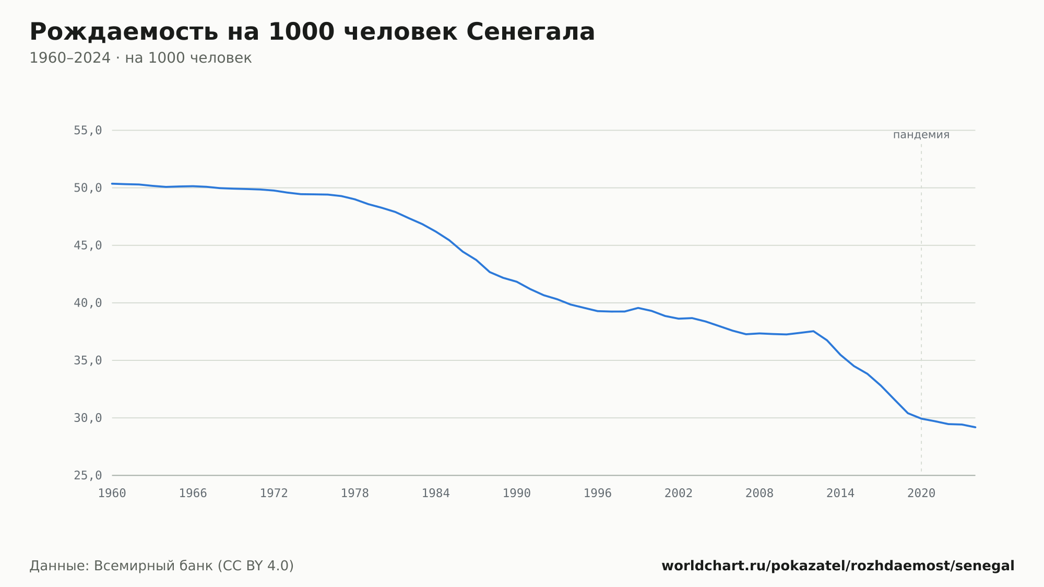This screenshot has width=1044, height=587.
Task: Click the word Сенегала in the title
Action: click(530, 32)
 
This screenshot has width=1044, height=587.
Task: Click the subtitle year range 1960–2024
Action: click(70, 58)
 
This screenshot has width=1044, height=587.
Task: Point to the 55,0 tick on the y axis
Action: click(88, 131)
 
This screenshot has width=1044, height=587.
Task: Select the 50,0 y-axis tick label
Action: click(88, 188)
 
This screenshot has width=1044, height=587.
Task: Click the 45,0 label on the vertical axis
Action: click(88, 245)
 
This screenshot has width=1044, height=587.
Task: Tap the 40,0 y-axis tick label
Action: click(88, 303)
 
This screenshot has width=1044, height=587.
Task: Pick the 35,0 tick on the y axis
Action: click(88, 360)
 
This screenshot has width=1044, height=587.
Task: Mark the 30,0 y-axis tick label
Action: click(88, 418)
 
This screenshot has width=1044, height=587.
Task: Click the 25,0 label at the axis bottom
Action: click(88, 475)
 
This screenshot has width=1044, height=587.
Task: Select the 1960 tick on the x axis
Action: click(112, 494)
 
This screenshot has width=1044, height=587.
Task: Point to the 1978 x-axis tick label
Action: click(355, 494)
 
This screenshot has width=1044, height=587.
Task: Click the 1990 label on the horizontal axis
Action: click(517, 494)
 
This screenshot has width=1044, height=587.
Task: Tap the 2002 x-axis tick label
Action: click(679, 494)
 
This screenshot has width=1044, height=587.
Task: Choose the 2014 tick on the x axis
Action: click(840, 494)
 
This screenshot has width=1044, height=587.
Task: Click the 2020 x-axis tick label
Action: click(921, 494)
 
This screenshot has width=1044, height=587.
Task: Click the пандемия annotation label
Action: click(921, 135)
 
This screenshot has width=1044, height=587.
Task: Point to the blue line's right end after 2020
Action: click(975, 427)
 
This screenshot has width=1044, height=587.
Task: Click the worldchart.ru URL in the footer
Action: click(838, 566)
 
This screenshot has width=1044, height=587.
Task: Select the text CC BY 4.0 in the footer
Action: click(256, 566)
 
